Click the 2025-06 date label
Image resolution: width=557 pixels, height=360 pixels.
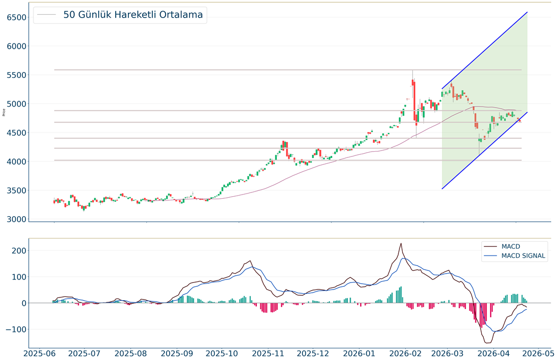point(39,353)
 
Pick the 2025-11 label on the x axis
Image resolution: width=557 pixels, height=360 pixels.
point(267,353)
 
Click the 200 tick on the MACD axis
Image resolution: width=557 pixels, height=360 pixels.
point(18,250)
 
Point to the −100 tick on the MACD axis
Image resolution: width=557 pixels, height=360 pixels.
point(15,329)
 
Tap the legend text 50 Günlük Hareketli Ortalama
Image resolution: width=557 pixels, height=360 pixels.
point(133,15)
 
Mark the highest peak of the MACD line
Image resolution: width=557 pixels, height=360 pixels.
point(401,243)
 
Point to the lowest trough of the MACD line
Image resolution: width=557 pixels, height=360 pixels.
point(488,343)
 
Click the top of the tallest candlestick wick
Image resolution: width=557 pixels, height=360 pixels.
point(412,69)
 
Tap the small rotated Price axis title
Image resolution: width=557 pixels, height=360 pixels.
point(4,112)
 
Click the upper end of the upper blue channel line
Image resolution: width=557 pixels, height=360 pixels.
point(527,12)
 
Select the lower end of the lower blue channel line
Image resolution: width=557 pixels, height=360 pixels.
point(442,189)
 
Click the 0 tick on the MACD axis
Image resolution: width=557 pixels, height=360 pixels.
point(21,303)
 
